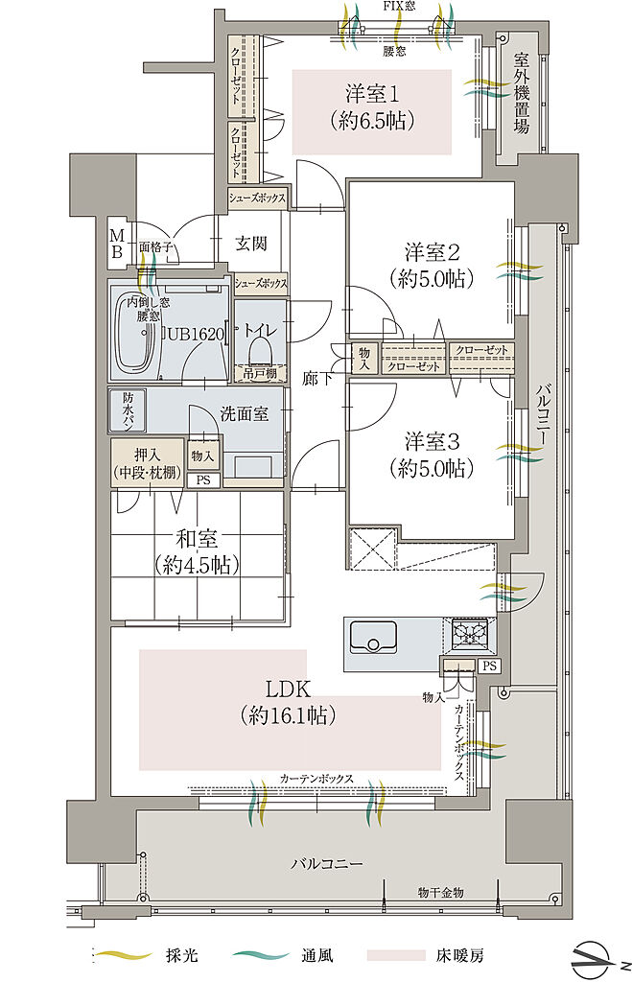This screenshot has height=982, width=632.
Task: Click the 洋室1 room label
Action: [x=372, y=95]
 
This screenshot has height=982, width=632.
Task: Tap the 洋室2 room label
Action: [x=433, y=252]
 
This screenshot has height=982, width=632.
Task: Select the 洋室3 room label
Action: [x=433, y=441]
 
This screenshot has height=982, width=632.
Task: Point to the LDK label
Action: [x=288, y=690]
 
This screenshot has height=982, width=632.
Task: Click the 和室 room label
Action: [x=197, y=539]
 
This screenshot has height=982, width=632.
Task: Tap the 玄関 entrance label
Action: [x=251, y=243]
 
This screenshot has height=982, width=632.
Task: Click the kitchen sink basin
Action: [x=373, y=637]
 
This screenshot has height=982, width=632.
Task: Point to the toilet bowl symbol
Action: [x=261, y=351]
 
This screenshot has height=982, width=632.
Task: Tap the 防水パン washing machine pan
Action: [x=128, y=410]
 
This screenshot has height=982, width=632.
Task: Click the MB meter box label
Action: [x=116, y=244]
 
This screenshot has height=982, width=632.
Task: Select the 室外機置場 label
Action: [x=521, y=93]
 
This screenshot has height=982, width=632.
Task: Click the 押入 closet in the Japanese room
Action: [x=148, y=463]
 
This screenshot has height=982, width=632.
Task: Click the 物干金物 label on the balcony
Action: [x=441, y=892]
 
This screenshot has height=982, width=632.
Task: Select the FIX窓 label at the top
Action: [x=399, y=7]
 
